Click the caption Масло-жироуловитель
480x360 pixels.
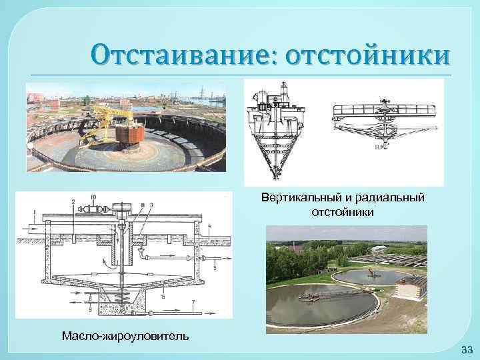pos(125,335)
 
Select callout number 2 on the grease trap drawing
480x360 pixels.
pos(73,201)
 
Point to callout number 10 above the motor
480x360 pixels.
pos(93,197)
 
